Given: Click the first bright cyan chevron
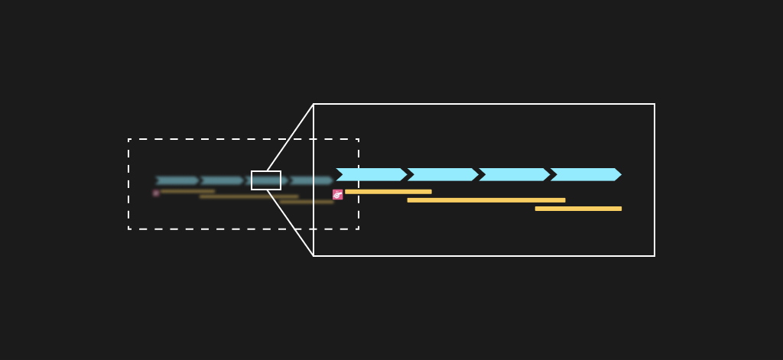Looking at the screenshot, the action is (372, 174).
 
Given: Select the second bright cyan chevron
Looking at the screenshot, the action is (443, 174).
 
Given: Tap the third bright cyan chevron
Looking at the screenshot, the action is (514, 174).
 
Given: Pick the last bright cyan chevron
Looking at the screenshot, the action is (586, 174).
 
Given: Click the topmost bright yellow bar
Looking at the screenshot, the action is (388, 192).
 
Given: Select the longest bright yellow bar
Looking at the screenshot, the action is (486, 200).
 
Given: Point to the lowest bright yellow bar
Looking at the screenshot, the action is (578, 209).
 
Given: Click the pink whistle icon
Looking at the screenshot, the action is (338, 195).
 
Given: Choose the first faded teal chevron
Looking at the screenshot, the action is (177, 181).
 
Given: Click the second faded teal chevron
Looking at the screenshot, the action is (222, 181).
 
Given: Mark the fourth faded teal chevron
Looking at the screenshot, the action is (311, 181).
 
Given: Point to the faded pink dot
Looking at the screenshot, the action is (156, 193).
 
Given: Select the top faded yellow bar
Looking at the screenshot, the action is (187, 191).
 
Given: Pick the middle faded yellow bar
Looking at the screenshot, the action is (249, 196).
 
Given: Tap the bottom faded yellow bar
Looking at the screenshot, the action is (306, 202).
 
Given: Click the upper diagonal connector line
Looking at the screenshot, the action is (290, 138).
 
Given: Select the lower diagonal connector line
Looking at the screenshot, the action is (290, 222).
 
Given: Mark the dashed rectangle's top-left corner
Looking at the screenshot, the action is (128, 139).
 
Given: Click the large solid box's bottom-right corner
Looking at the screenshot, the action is (655, 256).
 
